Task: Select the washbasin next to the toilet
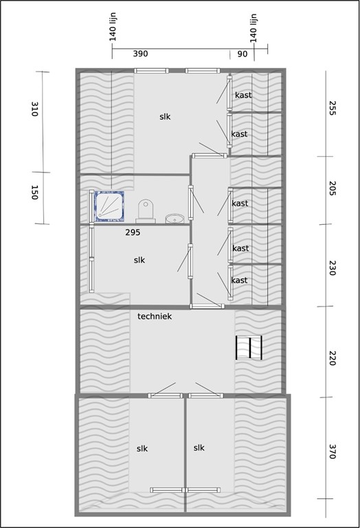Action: click(x=175, y=219)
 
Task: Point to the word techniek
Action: click(x=154, y=316)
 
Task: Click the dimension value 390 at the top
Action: click(x=140, y=54)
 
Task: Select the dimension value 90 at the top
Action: click(x=243, y=54)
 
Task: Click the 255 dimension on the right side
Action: click(x=331, y=109)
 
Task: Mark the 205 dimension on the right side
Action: click(x=331, y=189)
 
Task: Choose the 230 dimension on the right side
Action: click(x=331, y=268)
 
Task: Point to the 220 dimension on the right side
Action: click(x=331, y=357)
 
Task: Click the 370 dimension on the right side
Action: click(x=331, y=452)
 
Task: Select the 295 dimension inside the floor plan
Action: click(x=133, y=233)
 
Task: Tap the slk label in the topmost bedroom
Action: click(x=165, y=117)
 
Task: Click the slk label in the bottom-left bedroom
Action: click(x=142, y=448)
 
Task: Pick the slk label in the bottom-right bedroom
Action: click(x=199, y=448)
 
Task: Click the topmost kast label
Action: click(x=243, y=95)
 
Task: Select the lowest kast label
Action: click(x=239, y=280)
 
